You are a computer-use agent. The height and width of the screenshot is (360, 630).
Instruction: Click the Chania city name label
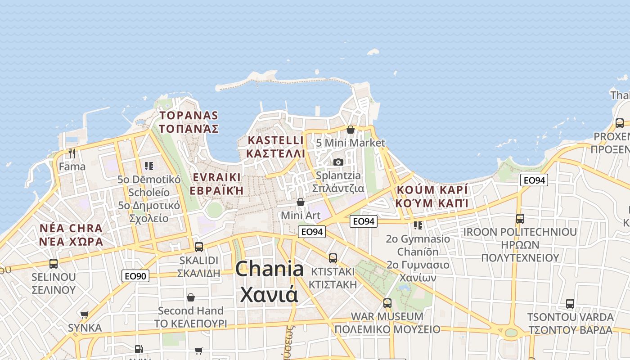click(x=269, y=282)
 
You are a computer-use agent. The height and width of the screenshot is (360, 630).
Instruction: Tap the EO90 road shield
click(x=135, y=276)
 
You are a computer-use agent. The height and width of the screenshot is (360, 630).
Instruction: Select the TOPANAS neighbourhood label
click(x=189, y=122)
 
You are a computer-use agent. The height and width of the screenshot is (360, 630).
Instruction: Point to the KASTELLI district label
click(x=276, y=147)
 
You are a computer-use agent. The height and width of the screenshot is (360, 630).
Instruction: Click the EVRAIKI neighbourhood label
click(x=216, y=184)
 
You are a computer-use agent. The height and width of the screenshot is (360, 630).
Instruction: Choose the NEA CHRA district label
click(x=71, y=235)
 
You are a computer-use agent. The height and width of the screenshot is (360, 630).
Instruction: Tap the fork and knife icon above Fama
click(x=72, y=153)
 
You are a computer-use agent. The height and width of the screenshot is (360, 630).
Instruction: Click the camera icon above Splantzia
click(x=338, y=162)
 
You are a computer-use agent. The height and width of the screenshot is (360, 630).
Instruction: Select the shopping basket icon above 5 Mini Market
click(x=351, y=130)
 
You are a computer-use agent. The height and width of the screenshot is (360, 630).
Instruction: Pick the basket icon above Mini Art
click(x=301, y=202)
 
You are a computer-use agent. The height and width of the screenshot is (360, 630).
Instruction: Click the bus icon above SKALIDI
click(x=198, y=247)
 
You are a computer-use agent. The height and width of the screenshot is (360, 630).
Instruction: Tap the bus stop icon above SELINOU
click(x=54, y=263)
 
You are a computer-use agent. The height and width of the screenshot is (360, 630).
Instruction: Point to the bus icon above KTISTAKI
click(x=333, y=258)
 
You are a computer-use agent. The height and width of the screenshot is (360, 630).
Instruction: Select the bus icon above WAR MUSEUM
click(x=387, y=303)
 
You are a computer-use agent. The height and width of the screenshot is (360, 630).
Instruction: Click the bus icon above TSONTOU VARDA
click(x=570, y=303)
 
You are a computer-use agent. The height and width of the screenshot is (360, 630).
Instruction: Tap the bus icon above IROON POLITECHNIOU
click(x=520, y=219)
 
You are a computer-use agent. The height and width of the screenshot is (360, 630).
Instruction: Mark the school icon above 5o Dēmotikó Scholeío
click(x=149, y=166)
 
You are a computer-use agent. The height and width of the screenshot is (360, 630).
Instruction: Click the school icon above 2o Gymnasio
click(x=418, y=225)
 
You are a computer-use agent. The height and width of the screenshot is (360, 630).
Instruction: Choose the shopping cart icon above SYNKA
click(x=85, y=315)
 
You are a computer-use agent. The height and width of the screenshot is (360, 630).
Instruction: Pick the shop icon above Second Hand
click(x=191, y=297)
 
